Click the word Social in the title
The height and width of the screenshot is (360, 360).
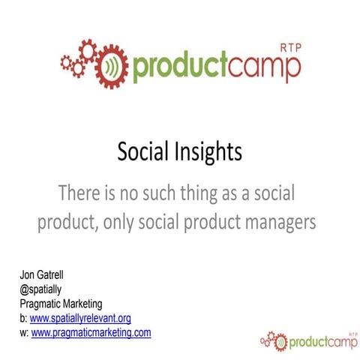point(143,153)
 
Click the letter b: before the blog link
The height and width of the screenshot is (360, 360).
point(23,317)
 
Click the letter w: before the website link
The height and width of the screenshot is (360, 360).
point(24,331)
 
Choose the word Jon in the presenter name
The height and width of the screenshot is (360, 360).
point(28,279)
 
